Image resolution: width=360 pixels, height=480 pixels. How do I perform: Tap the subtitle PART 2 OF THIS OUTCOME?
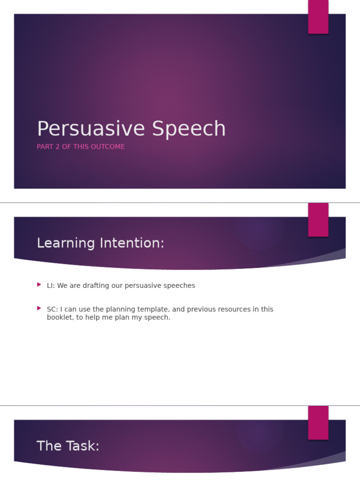click(81, 147)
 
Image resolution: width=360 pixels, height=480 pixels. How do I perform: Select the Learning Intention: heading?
click(100, 243)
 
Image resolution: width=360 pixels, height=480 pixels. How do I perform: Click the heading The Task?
click(68, 446)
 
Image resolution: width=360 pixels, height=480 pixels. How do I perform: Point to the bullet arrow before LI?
click(39, 285)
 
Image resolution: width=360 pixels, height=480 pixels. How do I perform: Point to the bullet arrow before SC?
click(39, 308)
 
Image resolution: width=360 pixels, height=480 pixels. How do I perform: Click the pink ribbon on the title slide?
click(318, 17)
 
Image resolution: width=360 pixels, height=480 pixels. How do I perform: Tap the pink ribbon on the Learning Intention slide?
click(318, 219)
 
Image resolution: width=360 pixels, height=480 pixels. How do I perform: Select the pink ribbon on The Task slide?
click(318, 422)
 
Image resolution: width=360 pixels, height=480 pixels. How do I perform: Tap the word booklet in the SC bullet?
click(60, 317)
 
